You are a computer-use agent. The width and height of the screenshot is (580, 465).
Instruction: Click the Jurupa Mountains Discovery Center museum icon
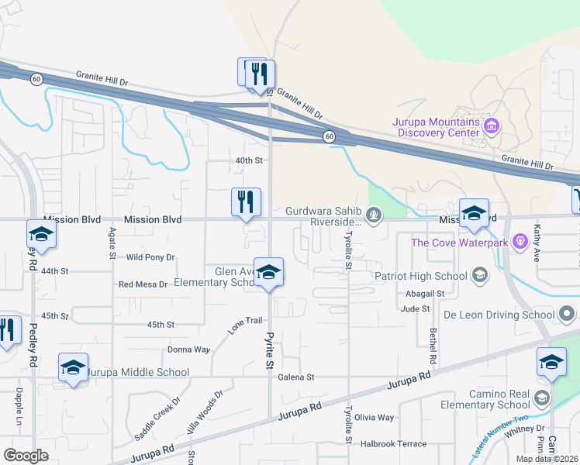click(x=489, y=125)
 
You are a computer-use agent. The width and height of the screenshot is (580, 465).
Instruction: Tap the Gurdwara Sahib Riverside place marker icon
click(x=375, y=214)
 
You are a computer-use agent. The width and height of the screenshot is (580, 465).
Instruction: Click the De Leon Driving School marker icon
click(x=568, y=315)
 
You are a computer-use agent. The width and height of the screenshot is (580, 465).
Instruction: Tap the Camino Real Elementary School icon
click(x=541, y=398)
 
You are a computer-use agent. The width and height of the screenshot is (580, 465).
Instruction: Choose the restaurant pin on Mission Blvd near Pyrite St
click(x=246, y=202)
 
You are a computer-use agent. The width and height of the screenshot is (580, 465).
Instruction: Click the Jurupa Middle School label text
click(x=138, y=372)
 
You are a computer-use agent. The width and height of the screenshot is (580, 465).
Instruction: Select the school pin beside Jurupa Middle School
click(x=73, y=368)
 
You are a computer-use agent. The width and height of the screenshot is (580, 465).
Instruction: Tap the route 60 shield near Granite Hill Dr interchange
click(x=330, y=136)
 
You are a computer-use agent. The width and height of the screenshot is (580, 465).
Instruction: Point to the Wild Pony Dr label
click(x=150, y=257)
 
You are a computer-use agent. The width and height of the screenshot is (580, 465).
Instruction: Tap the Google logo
click(x=26, y=455)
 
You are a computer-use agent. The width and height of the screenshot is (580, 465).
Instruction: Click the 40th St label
click(x=250, y=160)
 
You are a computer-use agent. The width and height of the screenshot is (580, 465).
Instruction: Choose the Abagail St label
click(x=424, y=294)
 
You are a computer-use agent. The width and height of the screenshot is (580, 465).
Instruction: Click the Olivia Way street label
click(x=375, y=418)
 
